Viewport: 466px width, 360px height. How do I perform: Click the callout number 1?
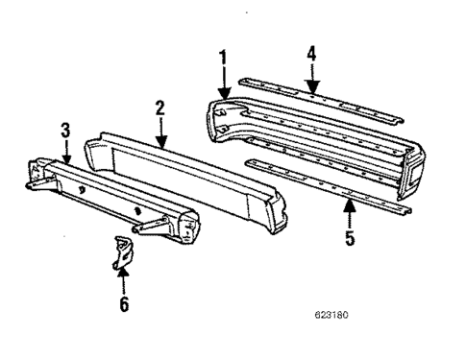(223, 56)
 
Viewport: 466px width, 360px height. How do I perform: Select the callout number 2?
(160, 108)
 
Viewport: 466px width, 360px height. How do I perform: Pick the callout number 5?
(350, 236)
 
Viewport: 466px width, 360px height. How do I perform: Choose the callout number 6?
(123, 305)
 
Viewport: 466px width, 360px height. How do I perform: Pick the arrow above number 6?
(123, 281)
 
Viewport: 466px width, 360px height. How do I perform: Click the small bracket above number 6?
(120, 253)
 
